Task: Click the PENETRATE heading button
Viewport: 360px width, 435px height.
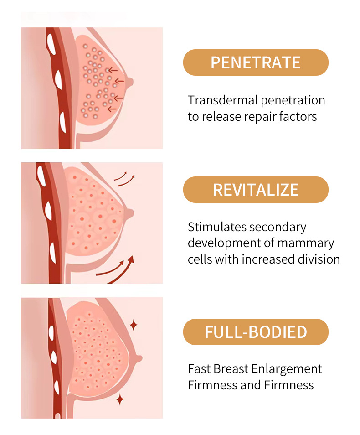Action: point(255,62)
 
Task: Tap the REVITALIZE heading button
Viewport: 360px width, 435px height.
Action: point(255,190)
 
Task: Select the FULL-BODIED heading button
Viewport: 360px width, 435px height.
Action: point(255,332)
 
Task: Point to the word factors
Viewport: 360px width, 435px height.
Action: point(299,116)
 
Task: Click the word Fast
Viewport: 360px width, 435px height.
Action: point(198,368)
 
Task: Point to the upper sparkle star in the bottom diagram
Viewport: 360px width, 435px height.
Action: point(134,325)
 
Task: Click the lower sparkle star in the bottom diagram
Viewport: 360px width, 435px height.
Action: point(120,400)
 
